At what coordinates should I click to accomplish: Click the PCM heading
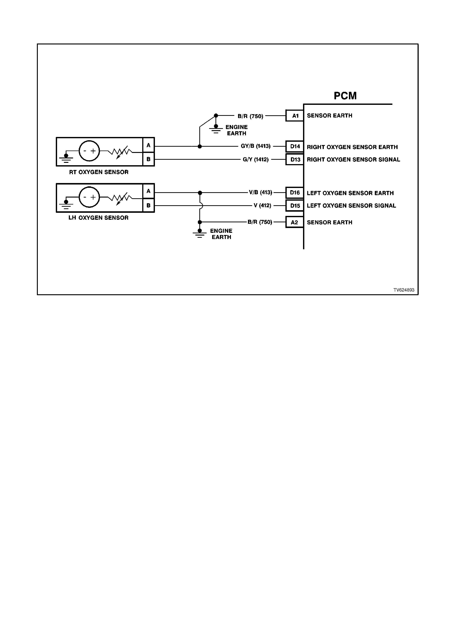pos(345,96)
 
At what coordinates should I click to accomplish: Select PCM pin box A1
pos(295,115)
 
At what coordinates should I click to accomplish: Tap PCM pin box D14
pos(295,146)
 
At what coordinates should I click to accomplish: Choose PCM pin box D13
pos(295,159)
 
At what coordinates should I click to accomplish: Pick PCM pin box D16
pos(295,193)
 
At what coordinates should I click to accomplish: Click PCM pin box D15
pos(295,206)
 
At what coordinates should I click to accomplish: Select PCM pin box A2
pos(295,222)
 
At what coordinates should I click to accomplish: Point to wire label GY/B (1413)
pos(256,146)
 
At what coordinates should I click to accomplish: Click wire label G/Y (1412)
pos(256,160)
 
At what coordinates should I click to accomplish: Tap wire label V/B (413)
pos(260,192)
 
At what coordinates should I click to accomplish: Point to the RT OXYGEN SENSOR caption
pos(99,172)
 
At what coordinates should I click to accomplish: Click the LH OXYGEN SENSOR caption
pos(98,218)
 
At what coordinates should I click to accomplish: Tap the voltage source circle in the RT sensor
pos(89,151)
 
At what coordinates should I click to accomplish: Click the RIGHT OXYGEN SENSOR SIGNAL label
pos(353,160)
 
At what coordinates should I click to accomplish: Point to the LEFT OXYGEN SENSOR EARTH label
pos(350,193)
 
